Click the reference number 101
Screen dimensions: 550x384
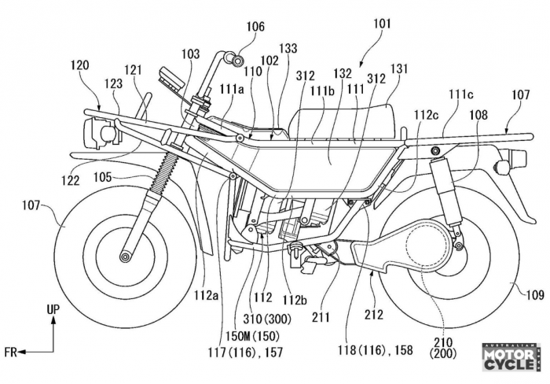[382, 24]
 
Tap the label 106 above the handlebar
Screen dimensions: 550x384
[255, 27]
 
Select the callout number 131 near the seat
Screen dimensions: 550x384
[399, 69]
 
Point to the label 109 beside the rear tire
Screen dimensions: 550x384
[535, 294]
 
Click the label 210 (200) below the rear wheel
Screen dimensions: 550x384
[443, 348]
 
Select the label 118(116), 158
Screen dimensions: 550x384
[376, 350]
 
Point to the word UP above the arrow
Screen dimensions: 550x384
[53, 309]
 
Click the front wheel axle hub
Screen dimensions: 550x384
[124, 257]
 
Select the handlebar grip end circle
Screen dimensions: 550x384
[237, 60]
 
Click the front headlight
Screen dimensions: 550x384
[99, 134]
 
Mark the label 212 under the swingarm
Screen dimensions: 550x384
[373, 315]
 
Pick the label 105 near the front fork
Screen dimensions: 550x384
[102, 177]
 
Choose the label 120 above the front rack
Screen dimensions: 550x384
[80, 65]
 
